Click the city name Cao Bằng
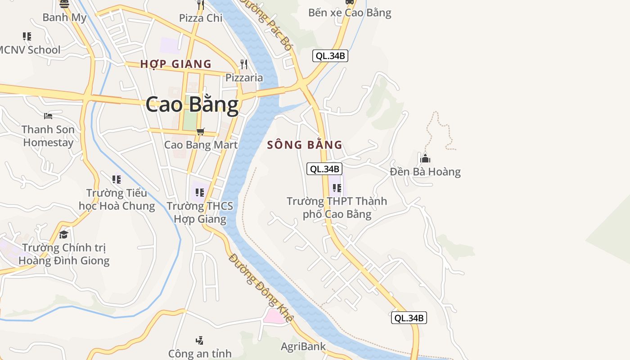192,104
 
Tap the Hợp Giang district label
175,64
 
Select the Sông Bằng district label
305,145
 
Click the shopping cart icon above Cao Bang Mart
201,131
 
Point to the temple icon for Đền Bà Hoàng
425,158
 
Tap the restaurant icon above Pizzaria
244,64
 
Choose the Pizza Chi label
201,18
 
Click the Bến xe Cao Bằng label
350,13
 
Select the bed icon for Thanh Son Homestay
48,116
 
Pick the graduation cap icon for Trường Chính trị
64,234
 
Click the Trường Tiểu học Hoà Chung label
117,199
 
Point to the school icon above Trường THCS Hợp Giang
200,193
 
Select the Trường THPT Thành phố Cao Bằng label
337,207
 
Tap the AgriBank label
303,346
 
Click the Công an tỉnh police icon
199,340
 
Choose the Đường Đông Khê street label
261,288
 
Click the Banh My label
64,18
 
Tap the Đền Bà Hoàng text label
425,172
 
